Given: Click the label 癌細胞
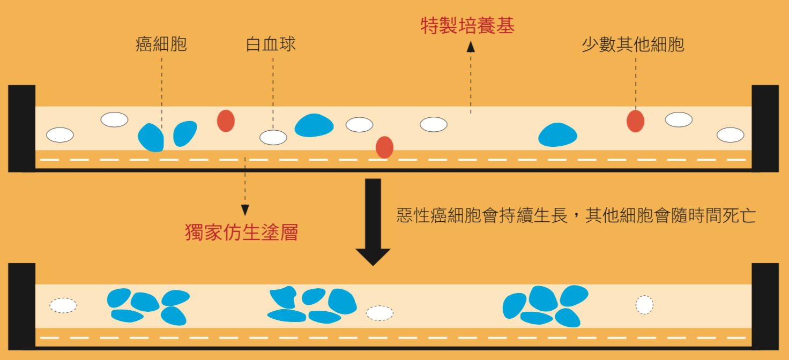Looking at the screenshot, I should [x=161, y=44].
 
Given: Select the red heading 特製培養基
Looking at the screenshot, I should [x=467, y=25].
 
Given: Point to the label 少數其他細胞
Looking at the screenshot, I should [x=633, y=44].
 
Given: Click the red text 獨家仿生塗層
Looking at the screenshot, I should [x=241, y=232].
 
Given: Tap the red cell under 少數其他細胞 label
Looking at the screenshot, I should [x=635, y=121].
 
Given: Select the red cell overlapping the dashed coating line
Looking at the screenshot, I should [x=384, y=147].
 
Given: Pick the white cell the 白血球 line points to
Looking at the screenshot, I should [x=273, y=138].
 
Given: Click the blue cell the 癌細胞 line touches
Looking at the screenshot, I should [x=151, y=138].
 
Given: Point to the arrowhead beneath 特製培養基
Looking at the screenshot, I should [x=471, y=47].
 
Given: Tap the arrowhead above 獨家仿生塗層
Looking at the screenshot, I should [x=245, y=210].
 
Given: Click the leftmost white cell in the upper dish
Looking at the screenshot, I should [x=60, y=135].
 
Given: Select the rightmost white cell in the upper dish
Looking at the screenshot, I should [x=730, y=135].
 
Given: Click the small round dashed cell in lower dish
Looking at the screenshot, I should [x=644, y=305].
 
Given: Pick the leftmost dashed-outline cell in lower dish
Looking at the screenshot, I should [x=63, y=305].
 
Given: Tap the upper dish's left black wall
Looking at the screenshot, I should [x=22, y=129].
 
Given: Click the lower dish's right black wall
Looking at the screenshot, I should [x=765, y=305].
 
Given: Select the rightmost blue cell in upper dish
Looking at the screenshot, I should [x=557, y=135].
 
